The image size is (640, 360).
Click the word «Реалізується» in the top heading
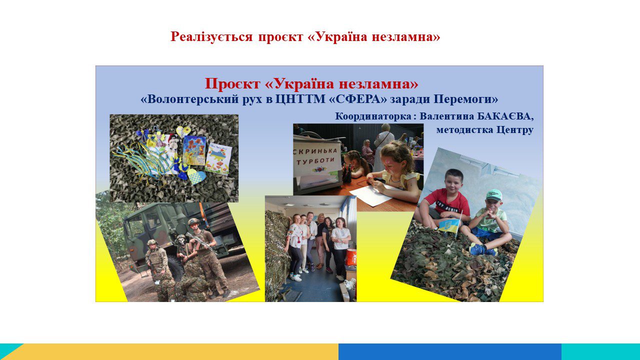[x=211, y=37]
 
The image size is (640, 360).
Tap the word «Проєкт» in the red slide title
[x=232, y=83]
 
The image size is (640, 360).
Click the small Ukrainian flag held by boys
[x=449, y=225]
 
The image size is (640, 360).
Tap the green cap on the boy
[x=494, y=195]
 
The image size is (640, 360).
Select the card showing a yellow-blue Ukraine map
[x=218, y=158]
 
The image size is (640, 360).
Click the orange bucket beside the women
[x=351, y=256]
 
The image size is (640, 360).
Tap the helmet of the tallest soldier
[x=193, y=221]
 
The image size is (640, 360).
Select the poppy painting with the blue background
[x=194, y=150]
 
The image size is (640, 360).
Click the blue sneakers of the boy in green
[x=482, y=249]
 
